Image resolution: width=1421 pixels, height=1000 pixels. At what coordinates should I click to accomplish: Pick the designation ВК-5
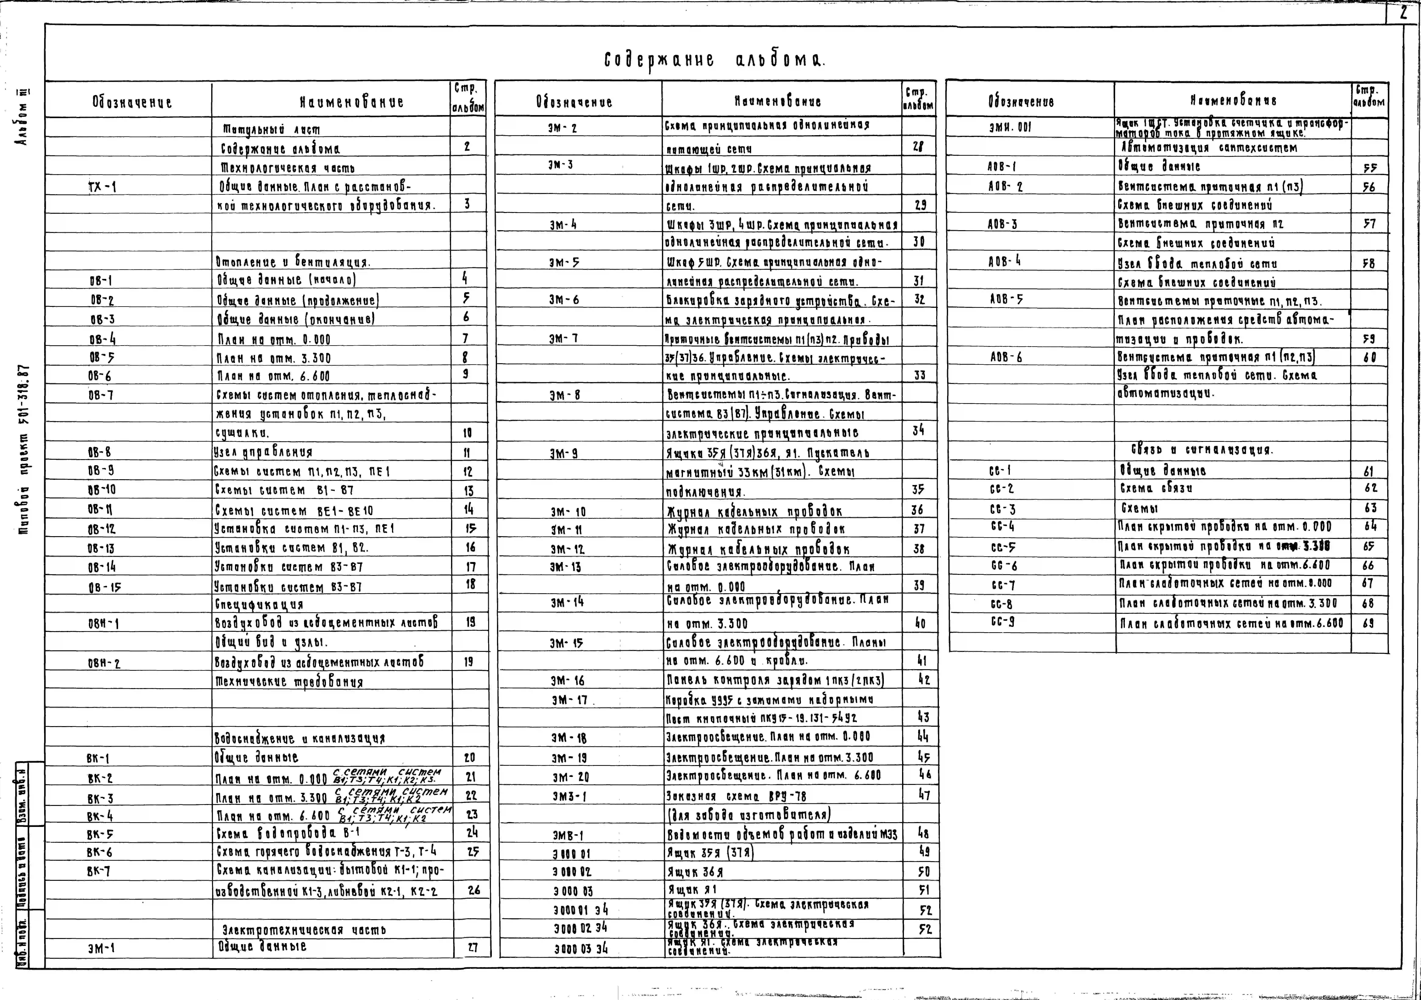100,833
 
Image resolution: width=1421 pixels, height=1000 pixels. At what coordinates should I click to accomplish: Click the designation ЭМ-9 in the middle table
563,454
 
